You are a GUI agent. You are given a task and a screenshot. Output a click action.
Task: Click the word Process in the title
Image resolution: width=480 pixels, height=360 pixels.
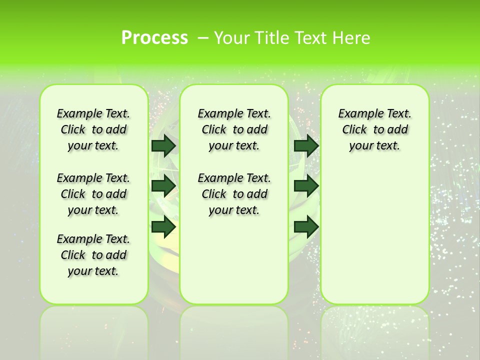pyautogui.click(x=154, y=38)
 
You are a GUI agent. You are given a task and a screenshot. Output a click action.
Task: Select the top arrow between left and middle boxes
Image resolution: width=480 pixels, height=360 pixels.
pyautogui.click(x=163, y=145)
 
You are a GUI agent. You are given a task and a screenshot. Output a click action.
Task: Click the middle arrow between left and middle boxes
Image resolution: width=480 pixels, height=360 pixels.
pyautogui.click(x=163, y=186)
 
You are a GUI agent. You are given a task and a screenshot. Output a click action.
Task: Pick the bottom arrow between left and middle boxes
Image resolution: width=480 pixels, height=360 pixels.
pyautogui.click(x=163, y=227)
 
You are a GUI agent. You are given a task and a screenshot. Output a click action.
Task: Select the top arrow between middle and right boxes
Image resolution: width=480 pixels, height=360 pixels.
pyautogui.click(x=306, y=145)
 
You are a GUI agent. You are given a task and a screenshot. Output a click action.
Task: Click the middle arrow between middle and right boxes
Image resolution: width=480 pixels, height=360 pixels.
pyautogui.click(x=306, y=186)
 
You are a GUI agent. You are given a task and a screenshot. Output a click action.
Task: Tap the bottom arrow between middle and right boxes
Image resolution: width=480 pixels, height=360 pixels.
pyautogui.click(x=306, y=227)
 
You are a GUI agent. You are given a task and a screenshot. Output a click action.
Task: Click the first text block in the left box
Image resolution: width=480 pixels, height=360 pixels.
pyautogui.click(x=93, y=129)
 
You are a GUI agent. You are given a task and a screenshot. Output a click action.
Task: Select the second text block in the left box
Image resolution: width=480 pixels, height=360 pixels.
pyautogui.click(x=93, y=194)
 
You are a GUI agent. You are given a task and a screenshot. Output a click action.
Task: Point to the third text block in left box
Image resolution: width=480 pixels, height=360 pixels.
pyautogui.click(x=93, y=255)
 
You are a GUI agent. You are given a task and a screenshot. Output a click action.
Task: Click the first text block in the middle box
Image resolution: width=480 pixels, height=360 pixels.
pyautogui.click(x=234, y=129)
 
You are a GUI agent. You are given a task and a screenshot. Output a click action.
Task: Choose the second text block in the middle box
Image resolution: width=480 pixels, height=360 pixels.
pyautogui.click(x=234, y=194)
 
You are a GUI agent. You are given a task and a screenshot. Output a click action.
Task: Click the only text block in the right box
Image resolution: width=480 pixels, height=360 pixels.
pyautogui.click(x=374, y=129)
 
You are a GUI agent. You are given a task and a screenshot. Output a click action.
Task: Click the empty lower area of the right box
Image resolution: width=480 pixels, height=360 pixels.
pyautogui.click(x=374, y=240)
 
